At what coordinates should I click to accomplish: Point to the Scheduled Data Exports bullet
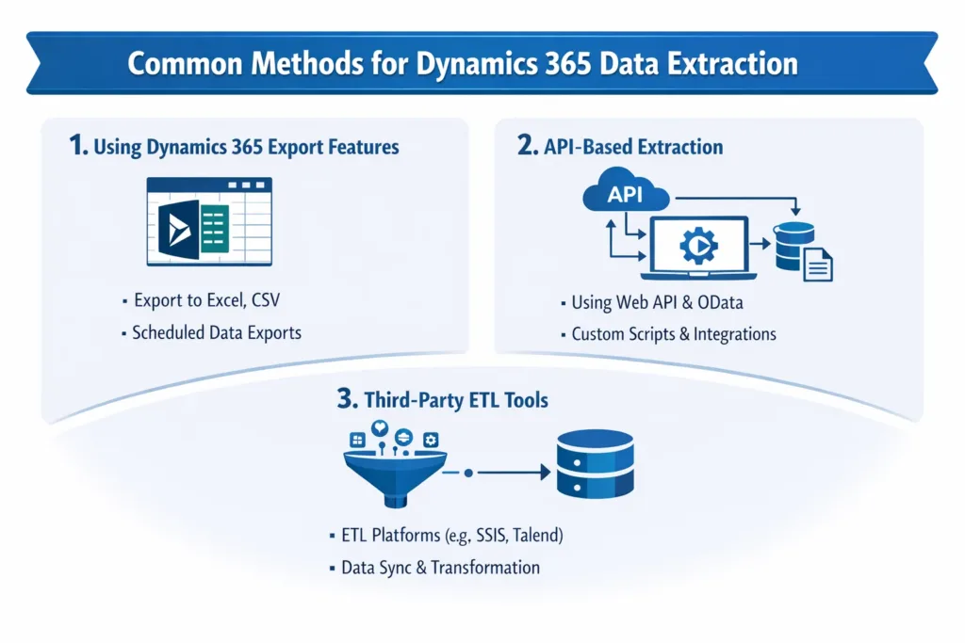click(217, 332)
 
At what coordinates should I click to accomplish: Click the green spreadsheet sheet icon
click(214, 229)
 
